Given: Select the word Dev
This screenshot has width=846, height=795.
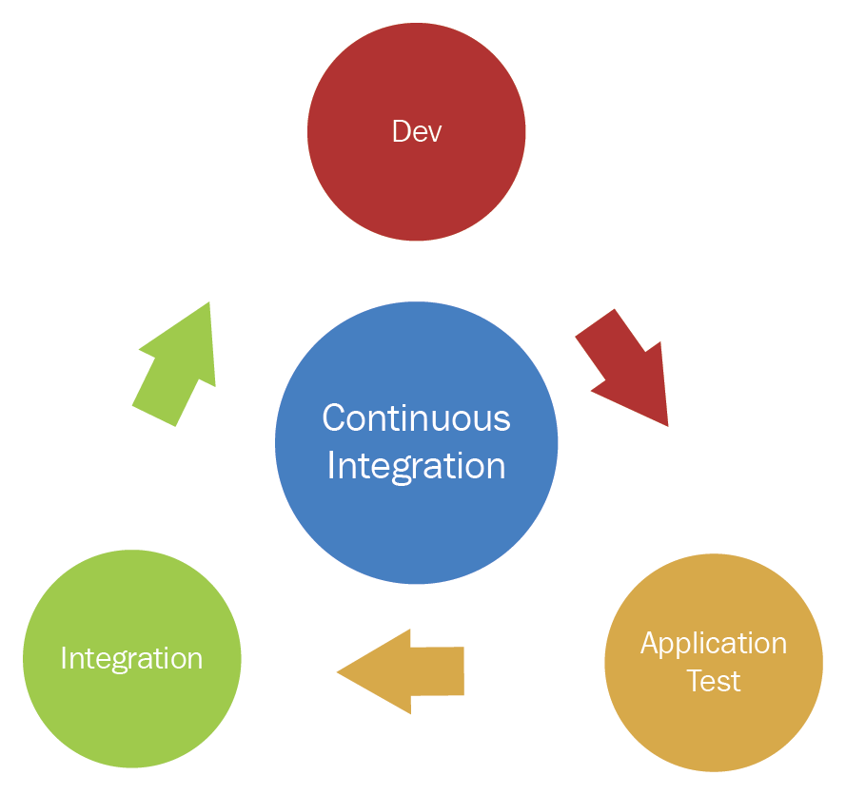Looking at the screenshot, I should tap(417, 131).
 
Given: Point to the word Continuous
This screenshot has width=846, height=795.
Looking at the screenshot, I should tap(416, 418).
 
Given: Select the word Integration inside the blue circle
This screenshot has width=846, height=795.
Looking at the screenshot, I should tap(416, 466).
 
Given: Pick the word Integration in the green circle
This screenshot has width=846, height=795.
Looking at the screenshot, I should tap(131, 658).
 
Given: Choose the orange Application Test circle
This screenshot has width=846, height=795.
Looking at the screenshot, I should tap(714, 723).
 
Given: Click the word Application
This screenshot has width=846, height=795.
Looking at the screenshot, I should tap(714, 644).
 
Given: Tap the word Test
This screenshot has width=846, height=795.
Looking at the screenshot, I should tap(714, 681).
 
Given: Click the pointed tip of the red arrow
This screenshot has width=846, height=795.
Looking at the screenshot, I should tap(667, 424).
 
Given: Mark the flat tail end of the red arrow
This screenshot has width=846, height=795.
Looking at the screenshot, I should tap(596, 322).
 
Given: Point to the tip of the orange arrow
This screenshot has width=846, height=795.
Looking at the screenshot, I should tap(339, 672).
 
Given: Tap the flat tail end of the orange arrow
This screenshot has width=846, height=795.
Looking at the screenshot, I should tap(462, 671).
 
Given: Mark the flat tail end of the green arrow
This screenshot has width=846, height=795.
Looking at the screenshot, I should tap(154, 416).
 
